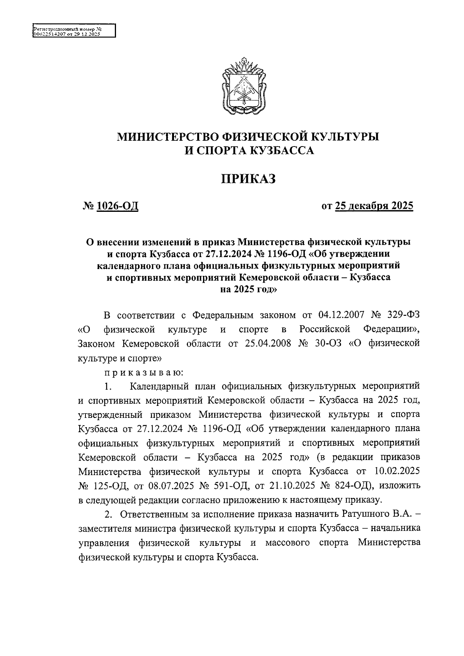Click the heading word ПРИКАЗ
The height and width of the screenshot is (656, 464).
tap(248, 179)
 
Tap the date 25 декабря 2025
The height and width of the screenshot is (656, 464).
tap(374, 206)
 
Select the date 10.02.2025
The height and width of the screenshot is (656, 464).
tap(397, 472)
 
